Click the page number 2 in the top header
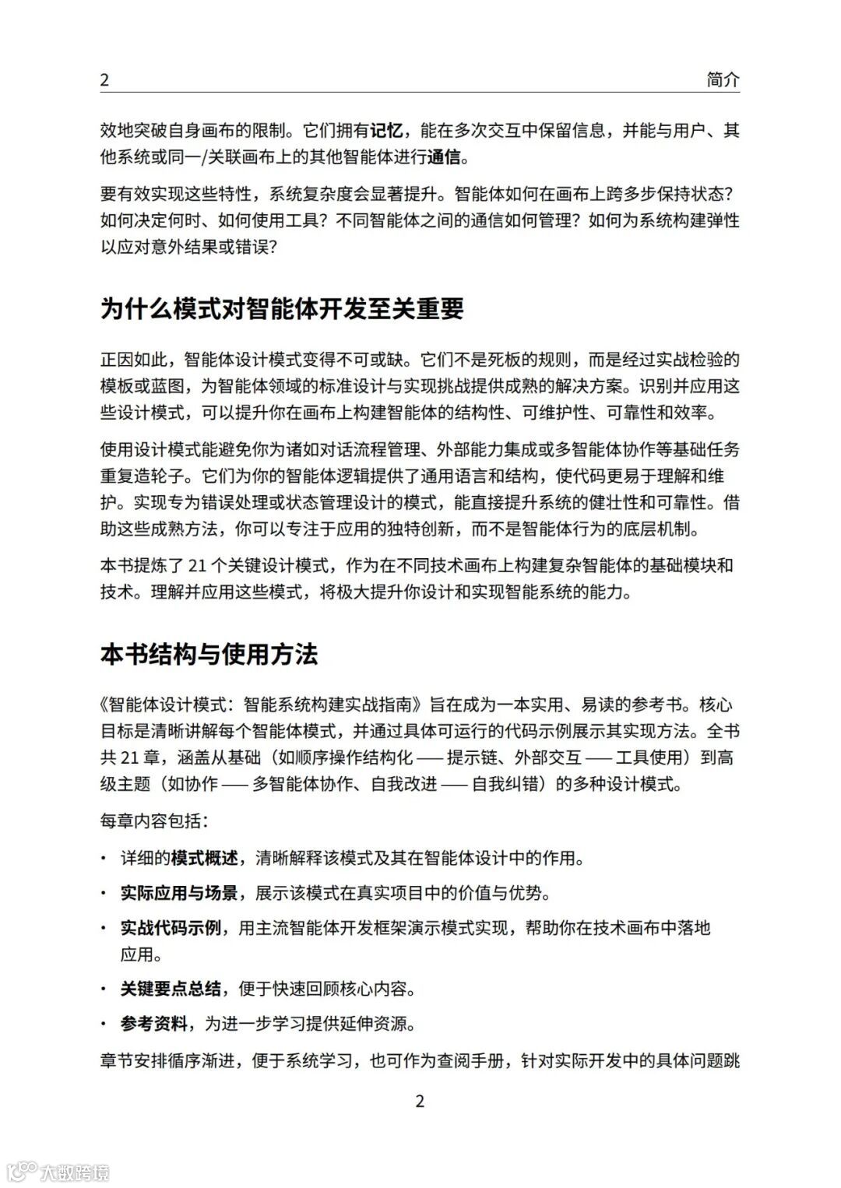point(104,79)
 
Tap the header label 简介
point(723,79)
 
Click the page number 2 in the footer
point(420,1101)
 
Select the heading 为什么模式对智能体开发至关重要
point(282,309)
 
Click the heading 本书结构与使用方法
point(209,654)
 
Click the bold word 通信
point(444,157)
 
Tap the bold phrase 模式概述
point(204,859)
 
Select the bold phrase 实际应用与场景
point(179,893)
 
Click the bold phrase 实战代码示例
point(171,928)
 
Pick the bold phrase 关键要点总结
point(171,989)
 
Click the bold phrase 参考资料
point(153,1024)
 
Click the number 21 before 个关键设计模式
point(199,566)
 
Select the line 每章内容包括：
point(154,821)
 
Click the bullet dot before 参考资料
point(104,1024)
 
